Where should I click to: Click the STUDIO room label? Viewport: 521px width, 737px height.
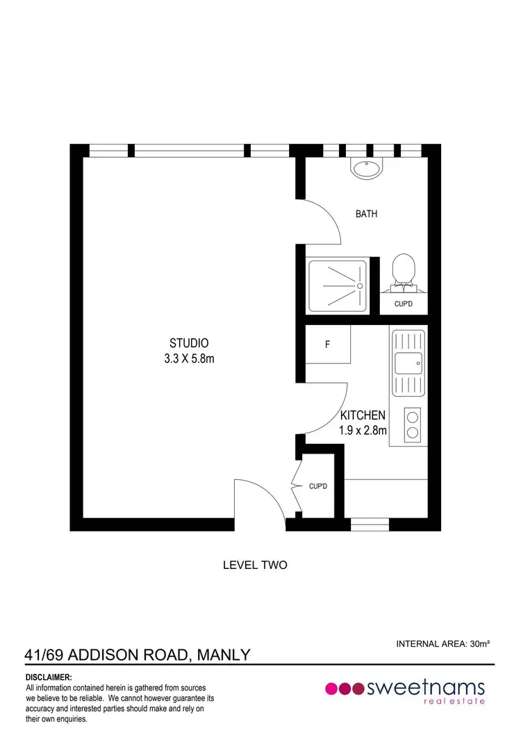(x=189, y=342)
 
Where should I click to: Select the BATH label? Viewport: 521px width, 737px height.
(x=366, y=214)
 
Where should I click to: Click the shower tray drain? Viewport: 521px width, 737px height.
(x=360, y=285)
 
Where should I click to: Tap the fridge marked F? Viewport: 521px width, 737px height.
(x=327, y=344)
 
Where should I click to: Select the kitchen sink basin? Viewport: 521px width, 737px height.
(x=408, y=363)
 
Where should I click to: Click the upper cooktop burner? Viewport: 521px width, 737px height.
(x=412, y=417)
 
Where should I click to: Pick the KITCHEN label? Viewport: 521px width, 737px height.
(x=362, y=415)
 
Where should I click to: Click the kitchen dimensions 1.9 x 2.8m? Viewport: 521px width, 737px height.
(x=362, y=430)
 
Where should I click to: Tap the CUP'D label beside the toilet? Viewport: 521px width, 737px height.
(x=404, y=304)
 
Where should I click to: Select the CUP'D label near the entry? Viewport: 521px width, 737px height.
(x=318, y=487)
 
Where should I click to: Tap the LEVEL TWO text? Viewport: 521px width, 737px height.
(x=254, y=565)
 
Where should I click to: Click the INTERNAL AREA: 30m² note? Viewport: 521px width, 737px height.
(x=443, y=644)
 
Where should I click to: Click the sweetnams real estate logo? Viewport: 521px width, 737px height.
(x=405, y=690)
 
